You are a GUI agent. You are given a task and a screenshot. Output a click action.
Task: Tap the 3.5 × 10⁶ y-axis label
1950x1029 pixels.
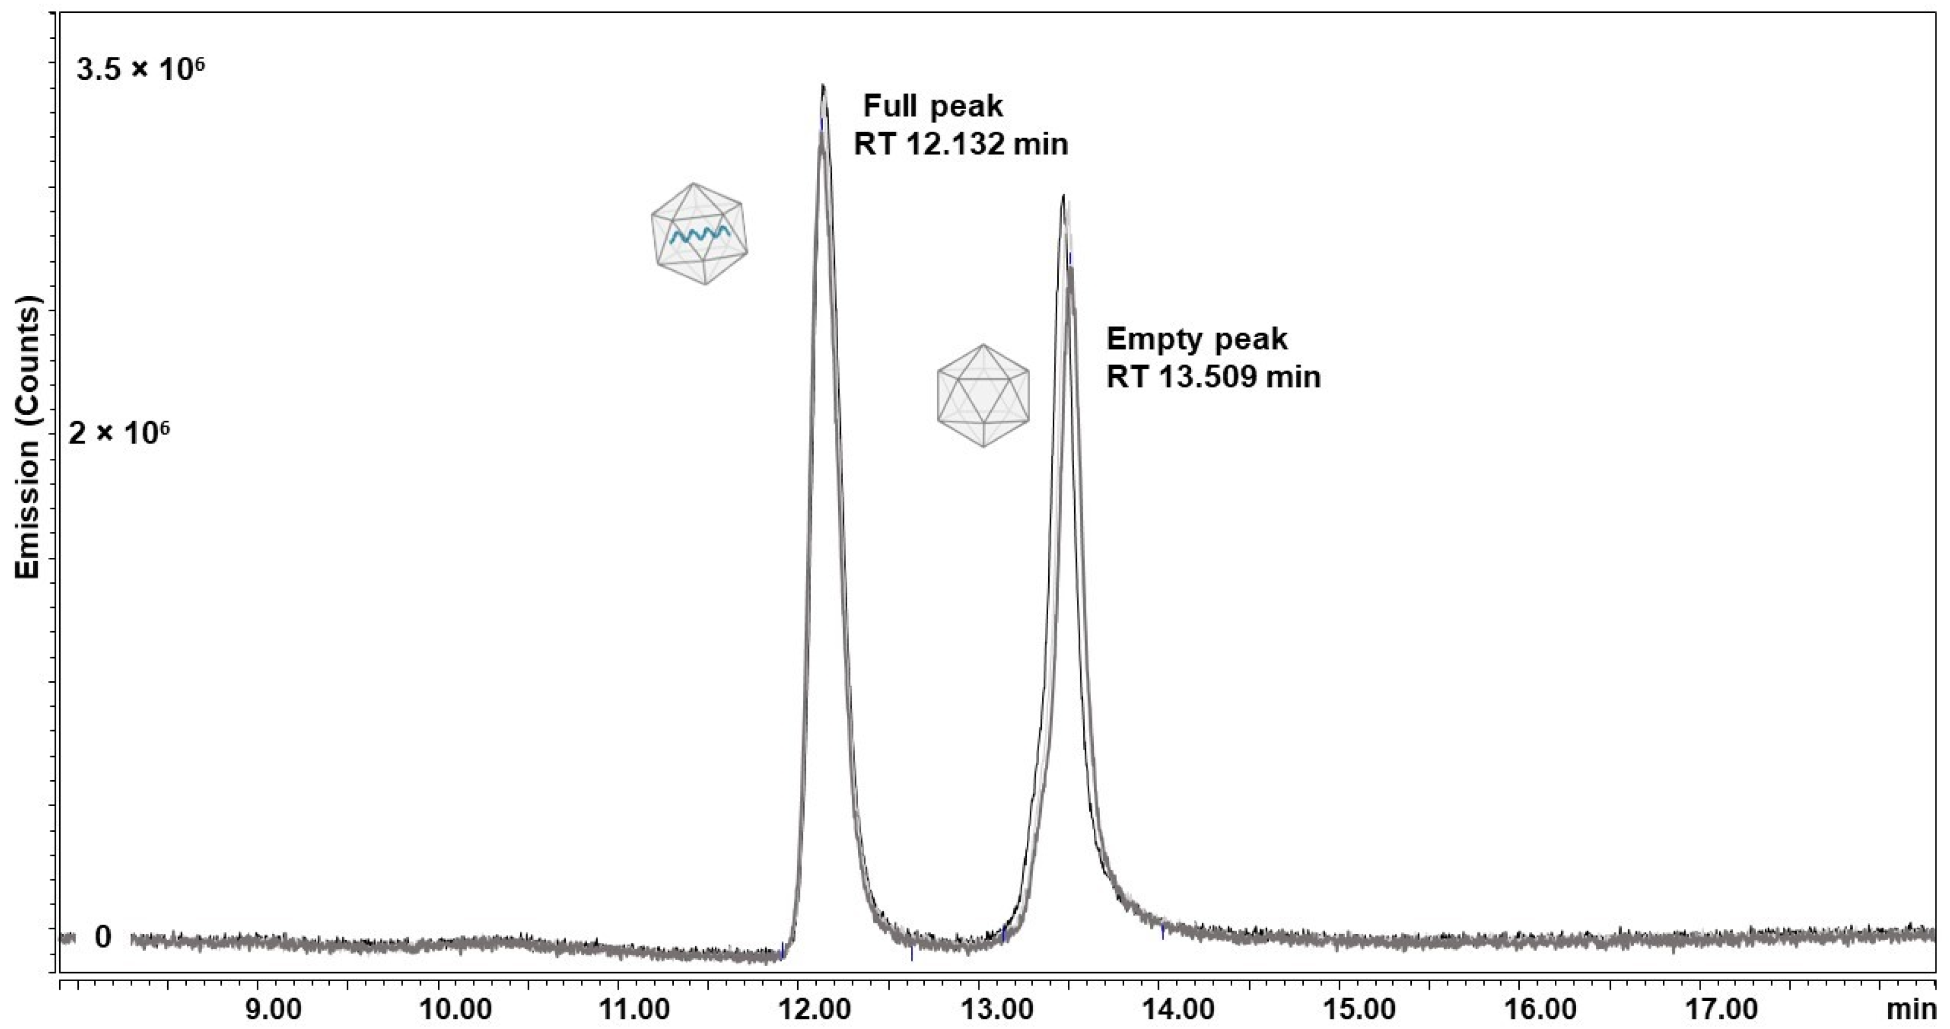pyautogui.click(x=141, y=70)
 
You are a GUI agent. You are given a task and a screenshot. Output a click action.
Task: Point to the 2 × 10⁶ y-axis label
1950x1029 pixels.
pyautogui.click(x=119, y=434)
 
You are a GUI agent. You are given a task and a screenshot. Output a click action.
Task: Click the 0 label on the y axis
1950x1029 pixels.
pyautogui.click(x=103, y=937)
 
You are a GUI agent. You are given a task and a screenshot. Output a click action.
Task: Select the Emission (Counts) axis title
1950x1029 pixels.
pyautogui.click(x=28, y=437)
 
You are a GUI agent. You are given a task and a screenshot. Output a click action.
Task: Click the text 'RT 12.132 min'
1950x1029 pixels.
pyautogui.click(x=960, y=144)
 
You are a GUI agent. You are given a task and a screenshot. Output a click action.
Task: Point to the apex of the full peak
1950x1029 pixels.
pyautogui.click(x=823, y=86)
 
